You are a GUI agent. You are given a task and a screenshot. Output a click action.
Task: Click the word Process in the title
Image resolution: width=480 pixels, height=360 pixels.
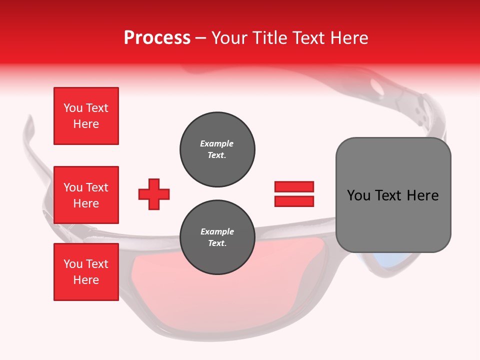click(x=157, y=38)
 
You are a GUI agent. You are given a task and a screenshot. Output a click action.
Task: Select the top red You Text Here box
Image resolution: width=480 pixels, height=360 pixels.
click(x=86, y=116)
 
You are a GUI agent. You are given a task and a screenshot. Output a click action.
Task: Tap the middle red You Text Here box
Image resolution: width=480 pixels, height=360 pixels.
click(x=86, y=195)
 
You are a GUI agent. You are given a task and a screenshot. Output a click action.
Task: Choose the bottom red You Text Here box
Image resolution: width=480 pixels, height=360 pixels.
click(x=86, y=272)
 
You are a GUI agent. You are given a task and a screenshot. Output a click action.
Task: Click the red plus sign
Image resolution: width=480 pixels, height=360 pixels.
click(x=154, y=194)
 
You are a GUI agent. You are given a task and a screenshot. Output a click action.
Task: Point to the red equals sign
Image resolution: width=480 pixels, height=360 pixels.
click(x=294, y=194)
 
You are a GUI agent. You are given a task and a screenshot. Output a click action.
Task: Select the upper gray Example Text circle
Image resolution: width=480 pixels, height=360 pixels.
click(x=217, y=149)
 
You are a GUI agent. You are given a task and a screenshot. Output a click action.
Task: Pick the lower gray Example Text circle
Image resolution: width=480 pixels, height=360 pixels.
click(x=217, y=237)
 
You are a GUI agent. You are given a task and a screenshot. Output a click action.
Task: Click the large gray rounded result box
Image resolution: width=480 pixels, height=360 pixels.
click(x=393, y=195)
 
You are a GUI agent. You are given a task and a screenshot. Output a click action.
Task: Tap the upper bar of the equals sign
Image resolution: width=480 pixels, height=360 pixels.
click(x=294, y=186)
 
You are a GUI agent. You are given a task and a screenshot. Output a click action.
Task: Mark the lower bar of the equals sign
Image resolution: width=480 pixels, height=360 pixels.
click(x=294, y=201)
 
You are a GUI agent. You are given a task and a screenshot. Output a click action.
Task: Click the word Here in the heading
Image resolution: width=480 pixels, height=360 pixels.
click(x=349, y=38)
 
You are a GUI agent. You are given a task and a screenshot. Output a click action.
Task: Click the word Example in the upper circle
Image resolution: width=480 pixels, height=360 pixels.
click(x=217, y=143)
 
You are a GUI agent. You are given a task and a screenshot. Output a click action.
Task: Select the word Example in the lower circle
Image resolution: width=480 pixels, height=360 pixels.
click(x=217, y=231)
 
